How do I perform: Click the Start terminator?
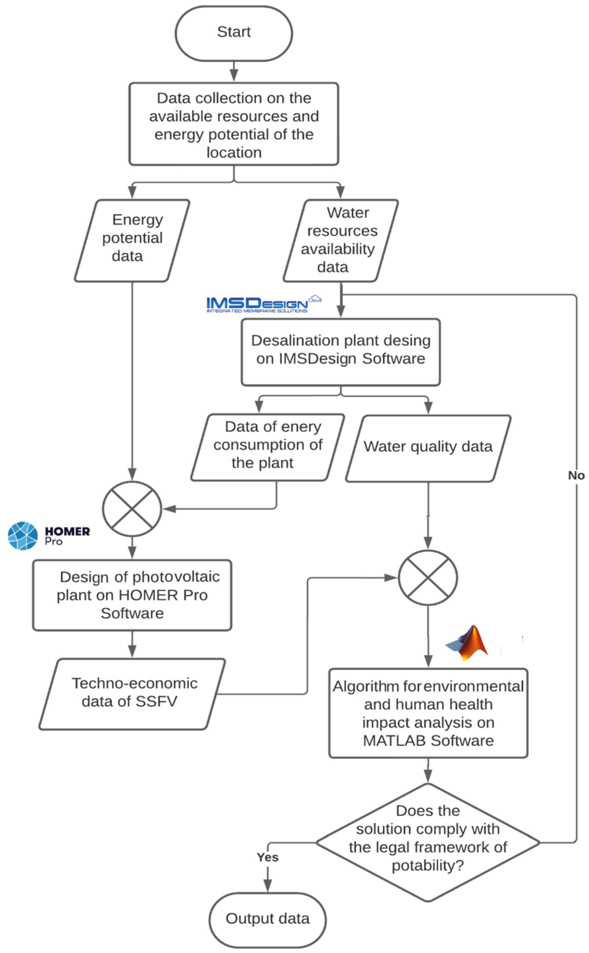(234, 33)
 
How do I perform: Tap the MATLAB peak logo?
(468, 643)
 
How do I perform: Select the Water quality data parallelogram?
(428, 448)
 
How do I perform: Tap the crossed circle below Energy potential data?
(132, 508)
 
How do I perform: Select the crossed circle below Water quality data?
(428, 577)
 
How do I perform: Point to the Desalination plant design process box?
(341, 352)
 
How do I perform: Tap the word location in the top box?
(234, 153)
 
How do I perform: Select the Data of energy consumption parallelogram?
(268, 447)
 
